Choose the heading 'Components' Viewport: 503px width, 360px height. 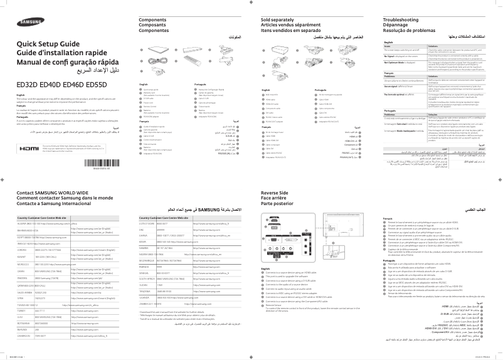coord(157,20)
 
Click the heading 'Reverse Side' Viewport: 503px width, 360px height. coord(278,193)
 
